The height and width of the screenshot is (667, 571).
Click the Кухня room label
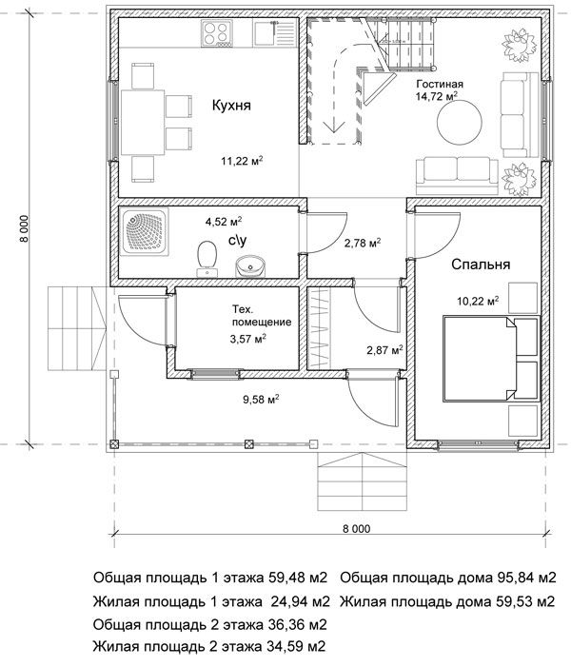pos(231,107)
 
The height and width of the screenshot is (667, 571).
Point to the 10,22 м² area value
pos(478,302)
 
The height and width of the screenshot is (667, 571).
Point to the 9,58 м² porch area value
pos(261,401)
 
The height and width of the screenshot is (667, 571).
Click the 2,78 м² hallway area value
pos(362,243)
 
